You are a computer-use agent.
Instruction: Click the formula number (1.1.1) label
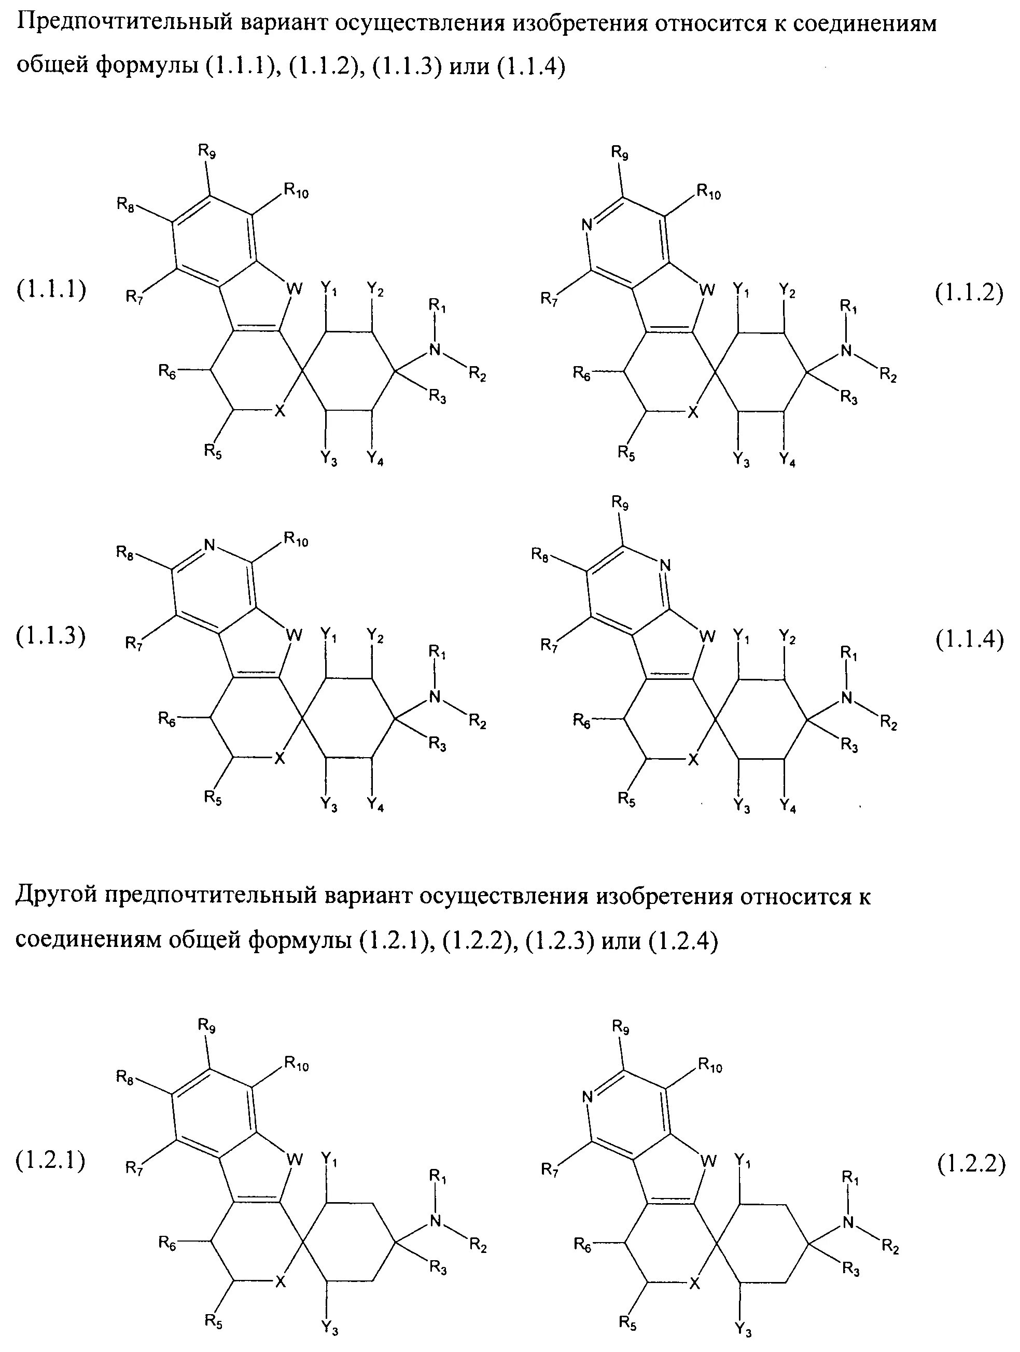51,290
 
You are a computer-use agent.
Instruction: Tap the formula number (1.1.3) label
51,636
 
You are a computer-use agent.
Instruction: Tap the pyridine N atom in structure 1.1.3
209,545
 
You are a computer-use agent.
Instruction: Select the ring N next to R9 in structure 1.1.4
665,565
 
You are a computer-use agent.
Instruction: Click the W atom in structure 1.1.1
295,289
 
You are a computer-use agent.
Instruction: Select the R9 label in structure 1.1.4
620,503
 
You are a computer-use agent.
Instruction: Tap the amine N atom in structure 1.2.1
435,1221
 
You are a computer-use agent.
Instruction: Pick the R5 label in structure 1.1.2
626,453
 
